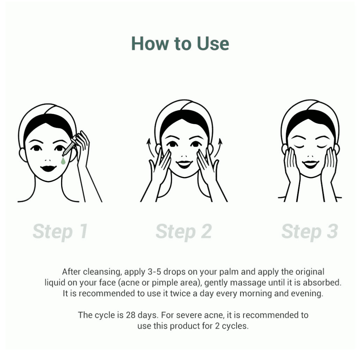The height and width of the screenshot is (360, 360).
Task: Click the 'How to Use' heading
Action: (x=180, y=43)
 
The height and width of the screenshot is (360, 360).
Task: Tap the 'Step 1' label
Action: (x=60, y=231)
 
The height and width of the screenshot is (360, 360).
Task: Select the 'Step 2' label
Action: (x=184, y=231)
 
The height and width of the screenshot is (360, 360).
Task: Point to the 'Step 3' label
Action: (x=310, y=231)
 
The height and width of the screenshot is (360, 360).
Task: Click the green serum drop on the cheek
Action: (x=63, y=161)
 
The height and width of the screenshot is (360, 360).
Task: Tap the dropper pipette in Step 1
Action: (x=70, y=147)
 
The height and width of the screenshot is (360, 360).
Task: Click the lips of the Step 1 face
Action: (x=49, y=168)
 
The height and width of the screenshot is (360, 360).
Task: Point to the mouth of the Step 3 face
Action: (x=310, y=164)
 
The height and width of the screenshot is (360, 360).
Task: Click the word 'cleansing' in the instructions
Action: (x=102, y=272)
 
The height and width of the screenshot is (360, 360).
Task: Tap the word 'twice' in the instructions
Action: (x=180, y=294)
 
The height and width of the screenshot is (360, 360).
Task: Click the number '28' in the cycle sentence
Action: (x=130, y=315)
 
